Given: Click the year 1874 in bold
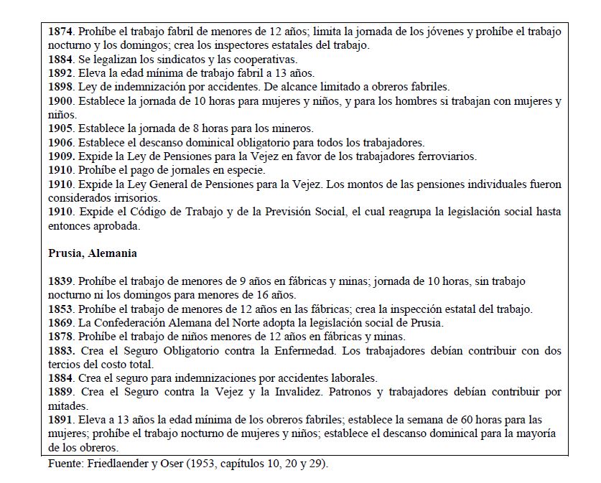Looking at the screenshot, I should coord(61,32).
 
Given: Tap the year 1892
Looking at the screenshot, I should coord(61,73).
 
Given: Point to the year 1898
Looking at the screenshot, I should coord(61,87).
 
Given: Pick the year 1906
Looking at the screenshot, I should coord(61,142).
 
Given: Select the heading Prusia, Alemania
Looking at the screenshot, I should coord(92,253).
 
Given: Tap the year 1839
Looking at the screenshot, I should coord(61,281).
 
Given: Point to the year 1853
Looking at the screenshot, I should coord(61,309).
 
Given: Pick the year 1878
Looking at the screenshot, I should coord(61,337).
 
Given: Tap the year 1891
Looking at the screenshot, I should coord(61,420).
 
